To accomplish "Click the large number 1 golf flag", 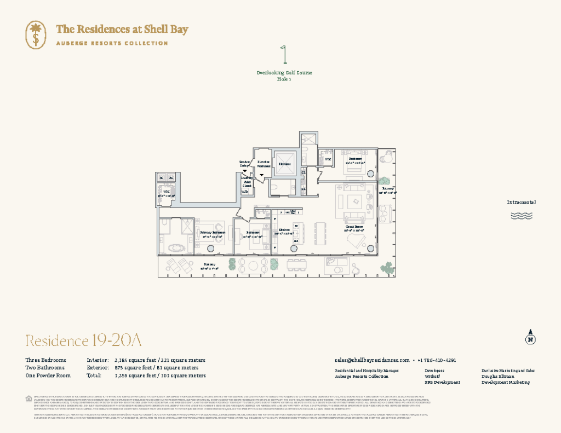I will coord(284,56).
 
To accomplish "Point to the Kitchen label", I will coord(284,230).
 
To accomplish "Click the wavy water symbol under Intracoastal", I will coord(521,215).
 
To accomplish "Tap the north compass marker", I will coord(530,337).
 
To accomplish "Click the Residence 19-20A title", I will coord(84,340).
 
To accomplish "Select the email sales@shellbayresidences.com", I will coord(372,360).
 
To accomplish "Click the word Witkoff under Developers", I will coord(433,377).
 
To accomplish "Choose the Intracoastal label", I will coord(521,202).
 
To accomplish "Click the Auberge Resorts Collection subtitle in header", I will coord(112,43).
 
